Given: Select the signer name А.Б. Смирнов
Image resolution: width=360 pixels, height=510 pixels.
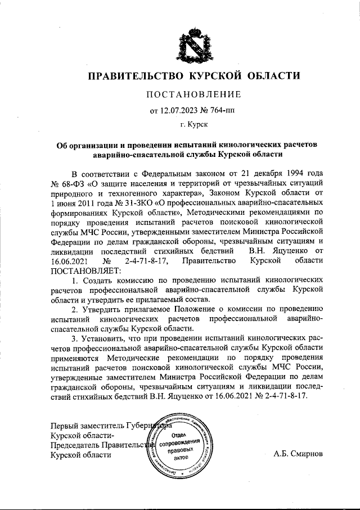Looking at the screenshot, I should tap(298, 454).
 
